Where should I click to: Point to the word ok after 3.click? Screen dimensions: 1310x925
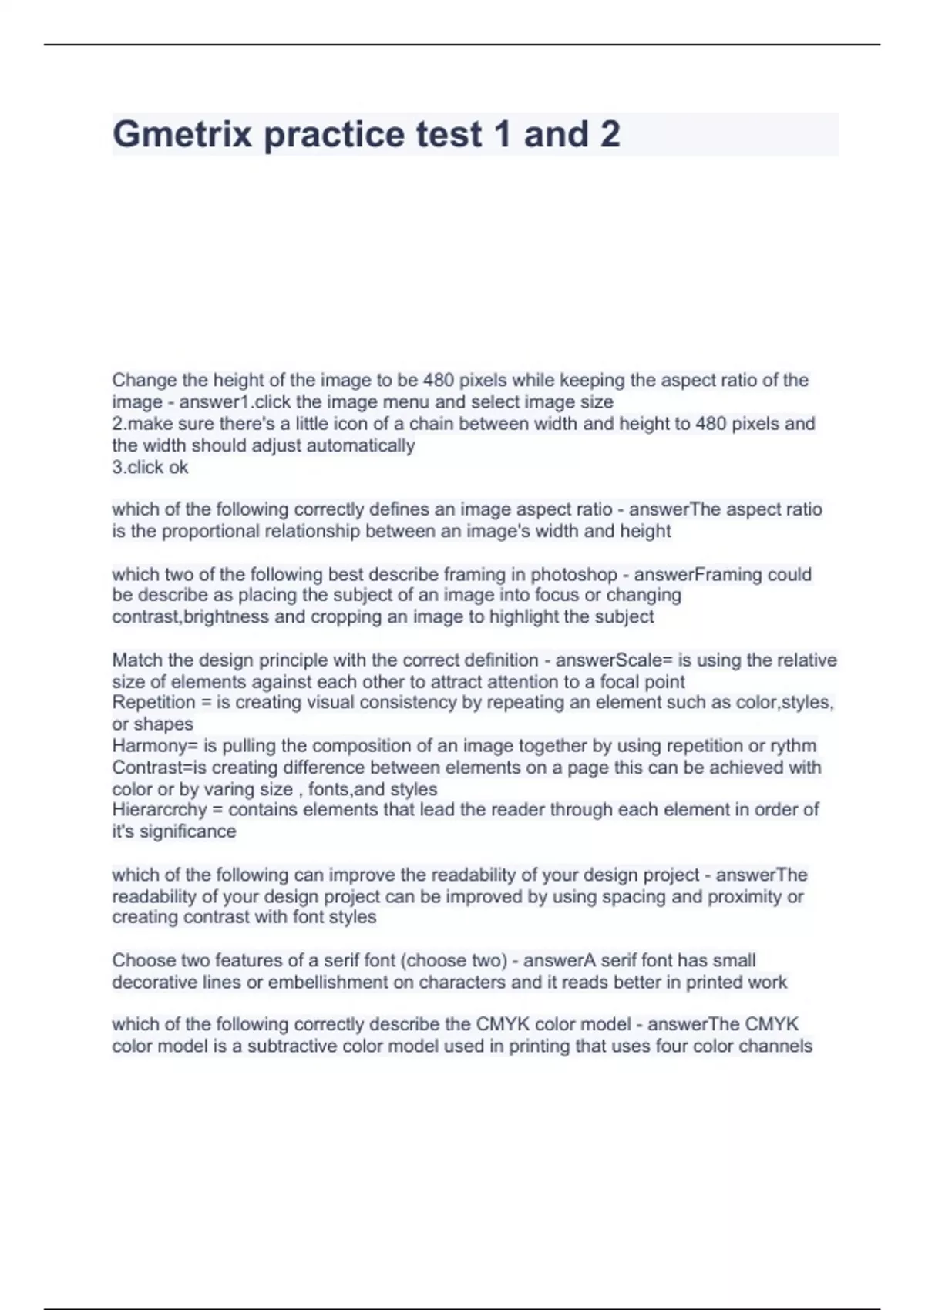pos(178,467)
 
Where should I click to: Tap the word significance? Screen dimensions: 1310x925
pos(188,831)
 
